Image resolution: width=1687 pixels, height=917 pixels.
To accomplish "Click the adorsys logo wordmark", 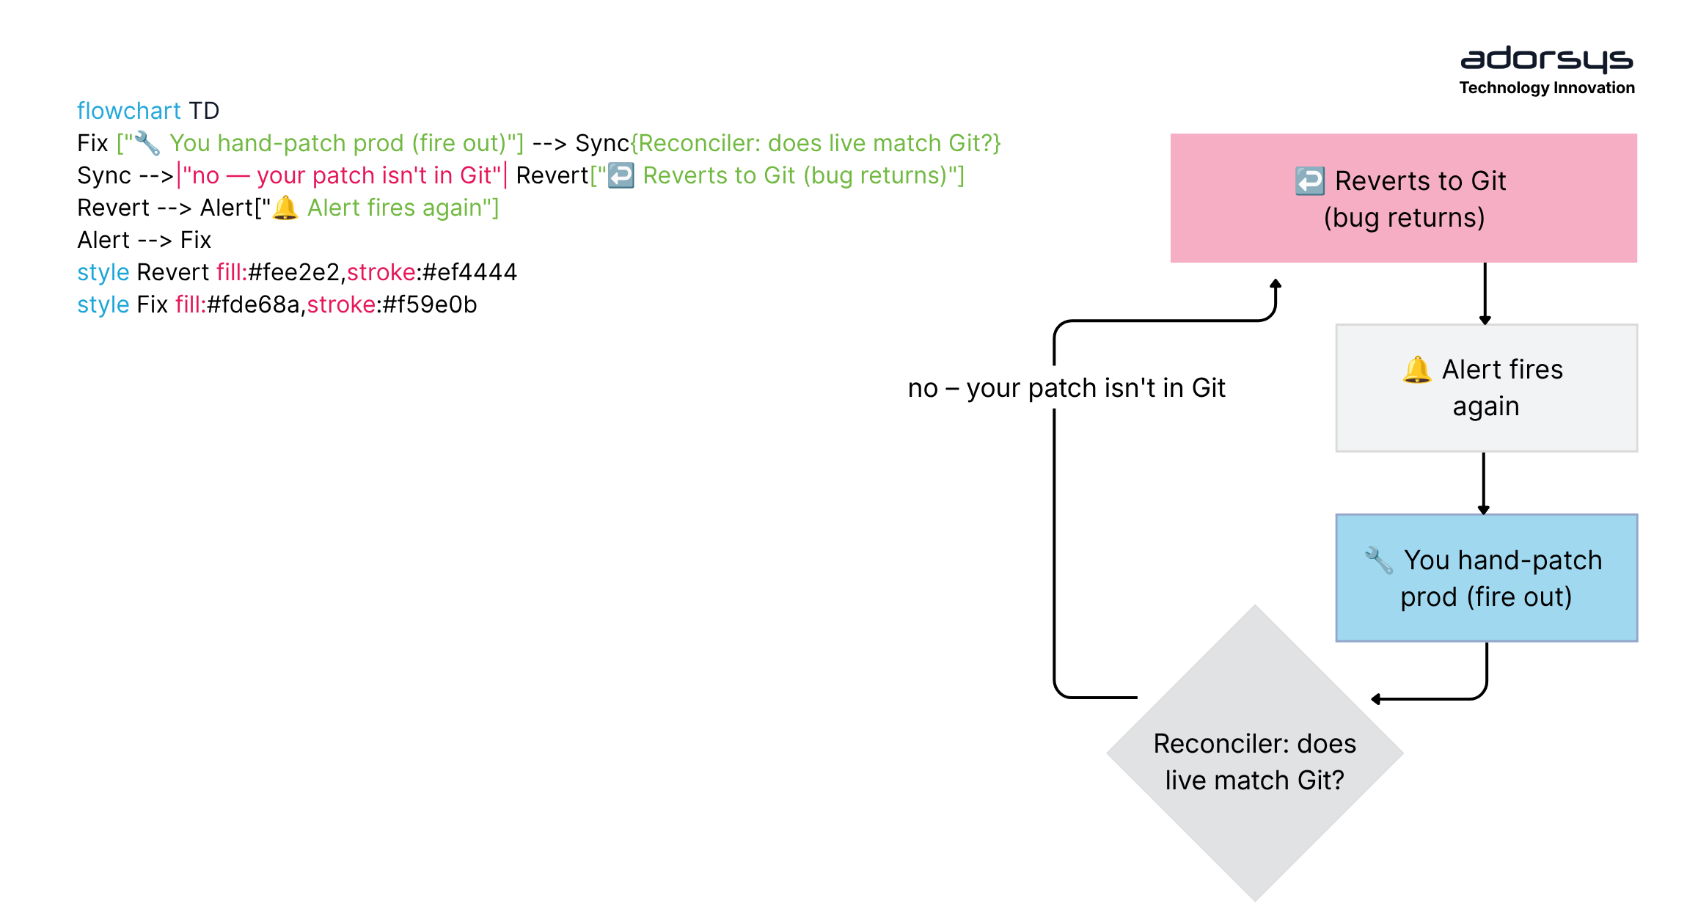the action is [x=1547, y=59].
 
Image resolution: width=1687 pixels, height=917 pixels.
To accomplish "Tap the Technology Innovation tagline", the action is [x=1547, y=88].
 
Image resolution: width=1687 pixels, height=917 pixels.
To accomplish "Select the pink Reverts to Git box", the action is [x=1403, y=198].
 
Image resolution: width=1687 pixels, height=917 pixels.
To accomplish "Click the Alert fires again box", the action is [x=1487, y=388].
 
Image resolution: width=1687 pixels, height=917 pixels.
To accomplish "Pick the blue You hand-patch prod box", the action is [x=1487, y=578].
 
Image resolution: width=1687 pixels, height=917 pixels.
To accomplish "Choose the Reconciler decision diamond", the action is [x=1255, y=753].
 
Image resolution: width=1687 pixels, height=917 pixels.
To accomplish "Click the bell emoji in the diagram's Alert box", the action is [x=1416, y=370].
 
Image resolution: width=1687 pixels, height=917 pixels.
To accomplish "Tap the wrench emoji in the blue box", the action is [x=1378, y=560].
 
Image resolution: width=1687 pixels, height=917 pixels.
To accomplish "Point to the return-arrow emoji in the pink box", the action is [x=1310, y=181].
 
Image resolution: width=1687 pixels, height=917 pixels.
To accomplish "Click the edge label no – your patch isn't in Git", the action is [x=1066, y=388].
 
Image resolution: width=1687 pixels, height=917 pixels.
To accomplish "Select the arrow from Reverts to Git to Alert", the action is [x=1485, y=293].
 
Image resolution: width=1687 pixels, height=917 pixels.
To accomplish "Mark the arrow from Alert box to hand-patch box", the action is [x=1484, y=483].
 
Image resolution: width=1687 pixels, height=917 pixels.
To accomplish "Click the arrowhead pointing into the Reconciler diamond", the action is [x=1376, y=699].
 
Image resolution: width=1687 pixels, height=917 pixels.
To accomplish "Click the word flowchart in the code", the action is [x=128, y=111].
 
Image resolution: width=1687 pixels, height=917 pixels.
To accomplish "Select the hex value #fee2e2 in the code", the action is [x=294, y=272].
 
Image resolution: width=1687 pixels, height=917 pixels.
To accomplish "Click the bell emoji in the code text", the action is [x=285, y=208].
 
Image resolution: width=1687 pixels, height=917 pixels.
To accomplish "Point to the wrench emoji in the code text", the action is [x=147, y=143].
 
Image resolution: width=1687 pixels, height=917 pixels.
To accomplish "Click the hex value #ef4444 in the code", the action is [x=470, y=272].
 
